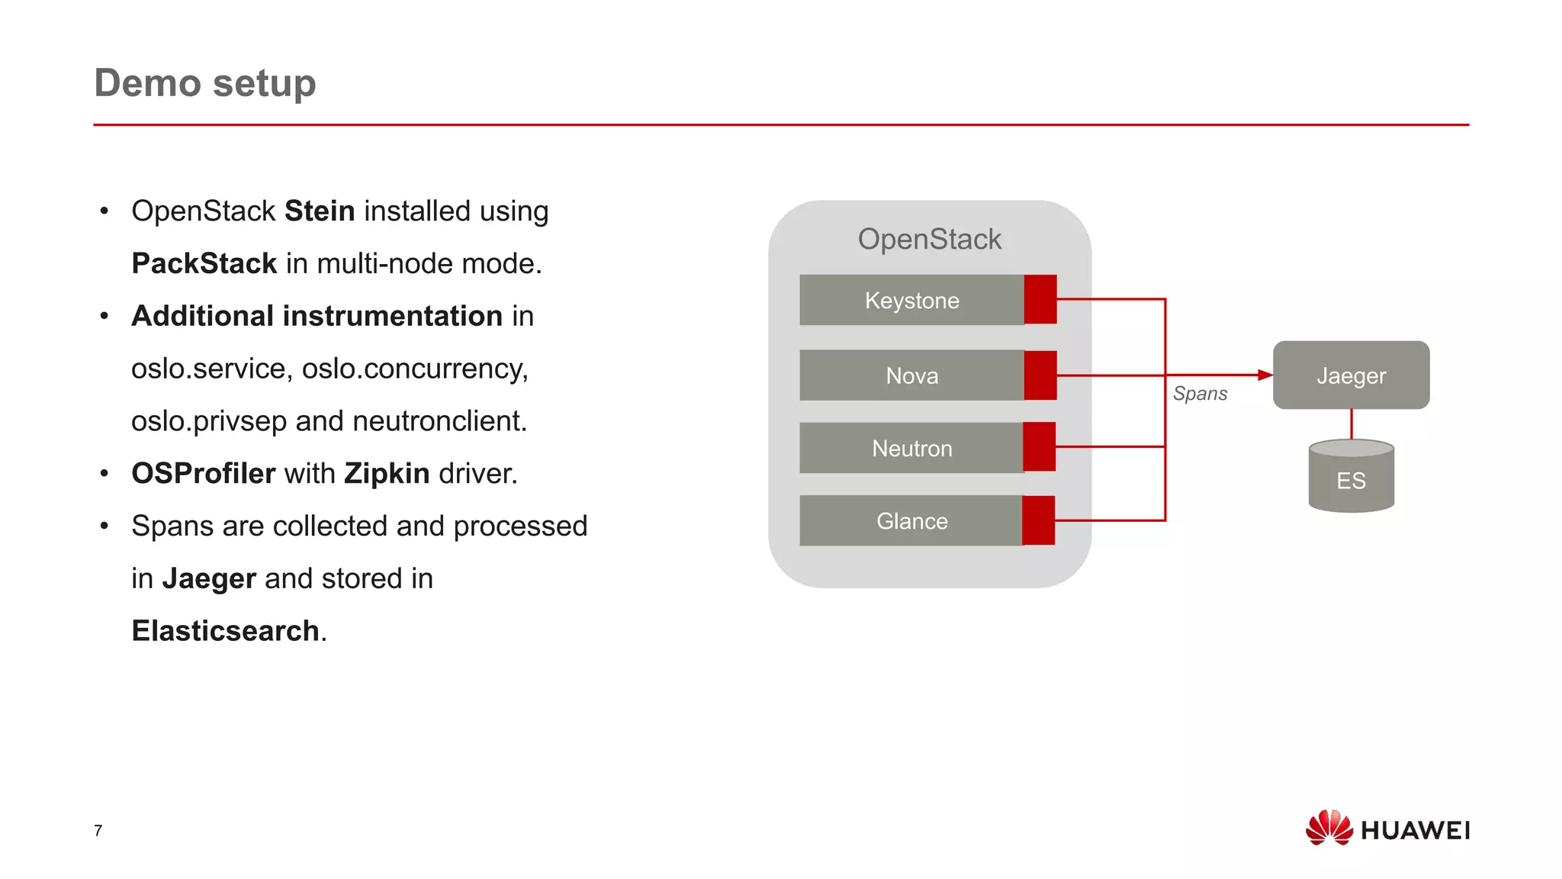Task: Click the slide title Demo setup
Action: [204, 82]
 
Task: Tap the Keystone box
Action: [911, 300]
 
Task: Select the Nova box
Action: [911, 375]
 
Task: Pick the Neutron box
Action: [911, 448]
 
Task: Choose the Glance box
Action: [911, 521]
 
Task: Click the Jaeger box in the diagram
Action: [1351, 375]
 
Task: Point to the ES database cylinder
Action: [1351, 476]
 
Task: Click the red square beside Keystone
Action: [1040, 299]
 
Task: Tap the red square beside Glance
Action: [1039, 520]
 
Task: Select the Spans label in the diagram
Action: [1200, 394]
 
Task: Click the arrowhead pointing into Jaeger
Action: [1265, 375]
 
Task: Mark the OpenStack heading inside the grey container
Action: [929, 240]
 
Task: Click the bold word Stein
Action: [320, 211]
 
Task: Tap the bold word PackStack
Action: [204, 264]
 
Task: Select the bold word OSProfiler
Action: [203, 474]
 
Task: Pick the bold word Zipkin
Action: [387, 474]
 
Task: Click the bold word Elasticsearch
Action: [225, 631]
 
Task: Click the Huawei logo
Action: [1387, 829]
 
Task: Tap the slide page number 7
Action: [98, 830]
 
